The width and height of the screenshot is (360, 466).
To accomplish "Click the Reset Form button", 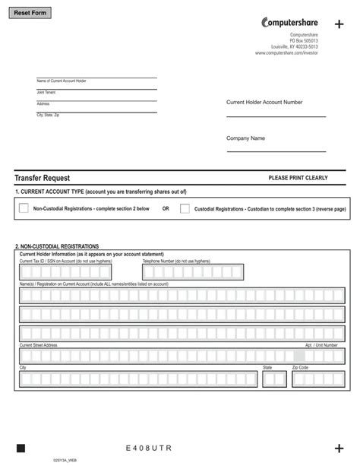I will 32,14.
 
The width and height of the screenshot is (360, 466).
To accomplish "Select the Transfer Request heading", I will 42,177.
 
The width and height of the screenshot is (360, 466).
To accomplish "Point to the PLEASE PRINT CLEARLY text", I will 298,178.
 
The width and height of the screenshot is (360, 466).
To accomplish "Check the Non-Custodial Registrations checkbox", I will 24,208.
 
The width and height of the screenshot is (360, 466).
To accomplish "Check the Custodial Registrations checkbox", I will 185,208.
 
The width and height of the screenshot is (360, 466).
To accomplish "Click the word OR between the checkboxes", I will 166,209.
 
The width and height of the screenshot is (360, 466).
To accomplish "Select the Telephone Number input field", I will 192,272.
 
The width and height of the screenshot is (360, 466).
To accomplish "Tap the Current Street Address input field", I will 156,355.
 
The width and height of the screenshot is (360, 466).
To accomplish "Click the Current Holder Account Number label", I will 264,102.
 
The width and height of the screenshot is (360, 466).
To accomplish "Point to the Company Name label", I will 245,138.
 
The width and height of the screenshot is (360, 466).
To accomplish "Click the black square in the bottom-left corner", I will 21,449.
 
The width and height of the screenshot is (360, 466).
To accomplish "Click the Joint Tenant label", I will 46,92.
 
